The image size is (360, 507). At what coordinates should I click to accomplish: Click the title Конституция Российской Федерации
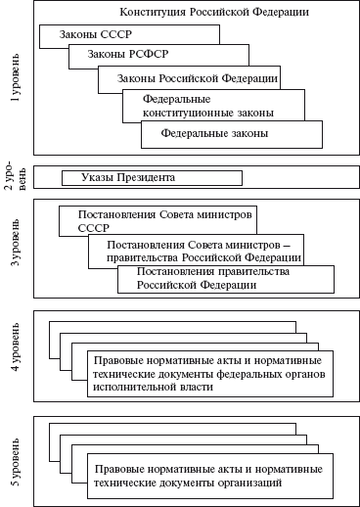coord(201,13)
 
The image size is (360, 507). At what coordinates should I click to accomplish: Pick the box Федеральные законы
coord(214,133)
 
